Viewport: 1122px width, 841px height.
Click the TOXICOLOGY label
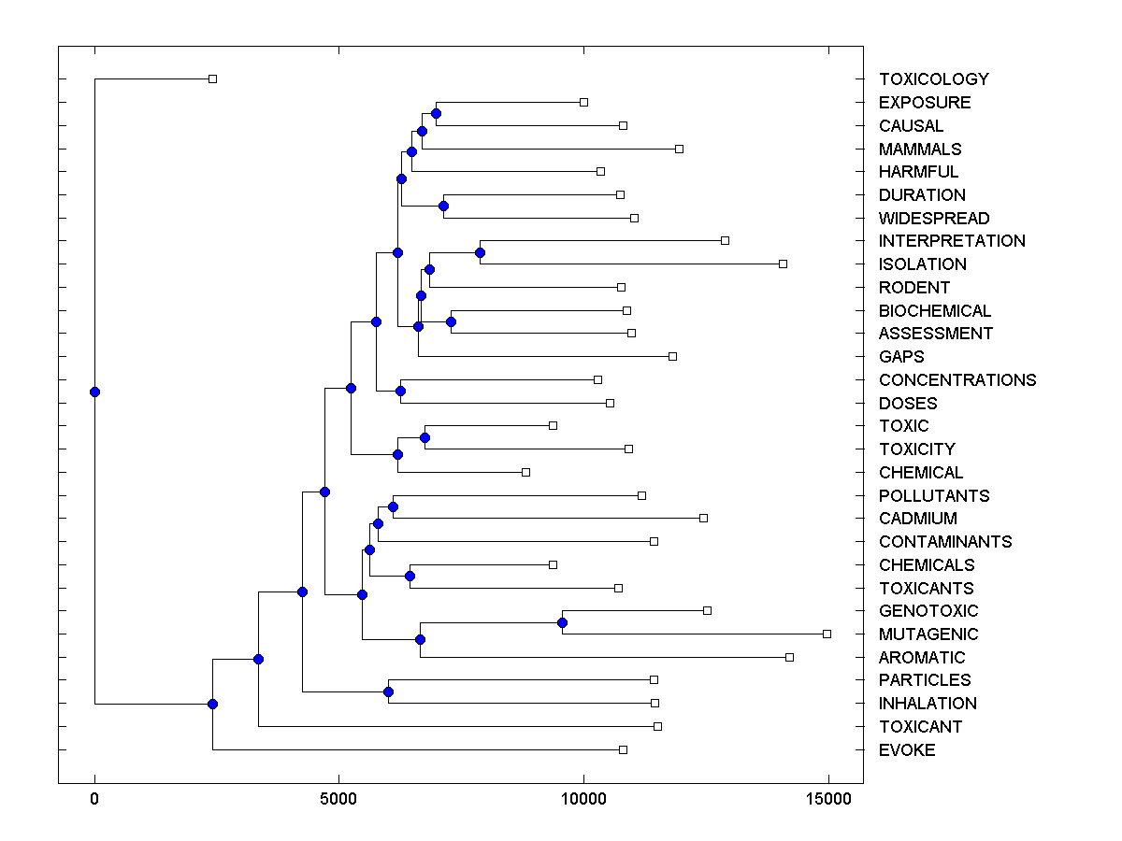coord(933,79)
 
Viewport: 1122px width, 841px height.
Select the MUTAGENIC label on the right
coord(928,634)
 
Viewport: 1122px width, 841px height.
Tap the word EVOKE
coord(907,749)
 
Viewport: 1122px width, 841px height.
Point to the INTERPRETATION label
coord(952,241)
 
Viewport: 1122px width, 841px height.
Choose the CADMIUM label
coord(918,519)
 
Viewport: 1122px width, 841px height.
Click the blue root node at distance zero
coord(94,392)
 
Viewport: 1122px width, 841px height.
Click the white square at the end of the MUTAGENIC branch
coord(827,634)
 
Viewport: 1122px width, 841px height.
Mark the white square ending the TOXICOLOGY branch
coord(212,79)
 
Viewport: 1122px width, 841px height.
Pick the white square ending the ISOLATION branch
coord(783,264)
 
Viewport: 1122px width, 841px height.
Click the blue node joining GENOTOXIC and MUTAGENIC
coord(562,622)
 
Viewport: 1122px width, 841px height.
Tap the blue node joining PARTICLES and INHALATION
coord(388,691)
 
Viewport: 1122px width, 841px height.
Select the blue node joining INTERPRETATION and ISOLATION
coord(480,252)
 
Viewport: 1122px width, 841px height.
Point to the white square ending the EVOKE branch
coord(623,749)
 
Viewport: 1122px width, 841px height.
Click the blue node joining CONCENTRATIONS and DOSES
coord(400,392)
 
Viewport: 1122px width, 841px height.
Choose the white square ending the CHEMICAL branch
coord(525,472)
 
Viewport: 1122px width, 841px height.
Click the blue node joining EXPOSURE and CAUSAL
coord(436,113)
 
